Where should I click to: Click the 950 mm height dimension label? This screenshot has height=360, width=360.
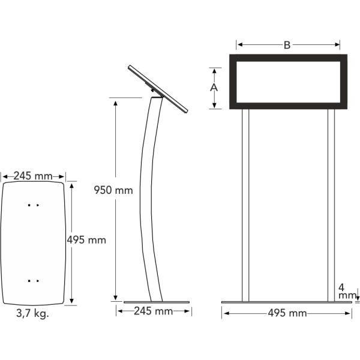[x=113, y=190]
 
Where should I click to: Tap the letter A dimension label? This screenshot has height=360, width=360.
[x=214, y=88]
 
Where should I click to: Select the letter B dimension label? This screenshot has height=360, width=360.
[x=287, y=45]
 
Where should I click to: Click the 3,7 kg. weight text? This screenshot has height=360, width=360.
[x=32, y=313]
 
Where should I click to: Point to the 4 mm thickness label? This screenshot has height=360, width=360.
[x=347, y=292]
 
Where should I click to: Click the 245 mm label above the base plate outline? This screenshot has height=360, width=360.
[x=33, y=176]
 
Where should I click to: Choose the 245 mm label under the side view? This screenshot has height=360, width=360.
[x=154, y=311]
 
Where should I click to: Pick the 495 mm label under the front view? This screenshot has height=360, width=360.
[x=287, y=313]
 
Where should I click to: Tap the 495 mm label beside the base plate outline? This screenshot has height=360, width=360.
[x=86, y=240]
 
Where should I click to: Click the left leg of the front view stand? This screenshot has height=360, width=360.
[x=245, y=205]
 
